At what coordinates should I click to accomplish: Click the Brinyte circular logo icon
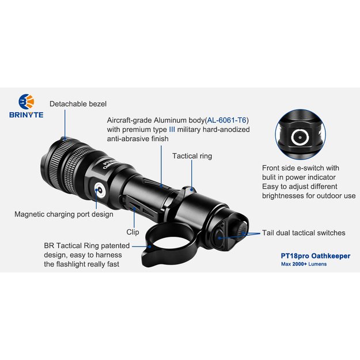26,101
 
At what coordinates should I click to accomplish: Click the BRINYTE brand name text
26,115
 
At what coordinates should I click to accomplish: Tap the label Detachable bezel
78,104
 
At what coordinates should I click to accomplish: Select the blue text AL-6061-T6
227,120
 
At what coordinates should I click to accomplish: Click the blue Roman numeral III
172,130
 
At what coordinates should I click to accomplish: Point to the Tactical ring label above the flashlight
192,156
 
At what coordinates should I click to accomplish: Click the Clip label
132,232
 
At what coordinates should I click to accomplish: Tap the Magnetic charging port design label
64,214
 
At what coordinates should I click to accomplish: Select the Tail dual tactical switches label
304,233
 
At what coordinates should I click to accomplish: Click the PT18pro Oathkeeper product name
316,256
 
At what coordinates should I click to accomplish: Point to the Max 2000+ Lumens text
304,264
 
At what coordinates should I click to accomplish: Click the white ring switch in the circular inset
300,137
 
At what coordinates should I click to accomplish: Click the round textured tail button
241,230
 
